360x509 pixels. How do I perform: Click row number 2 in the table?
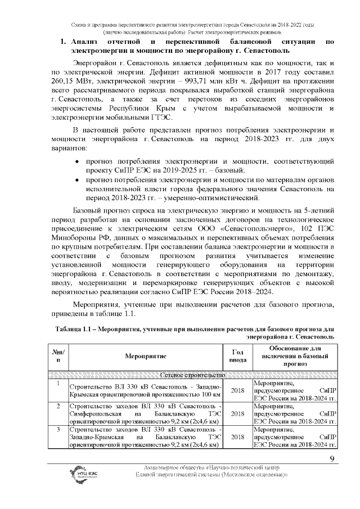(58, 406)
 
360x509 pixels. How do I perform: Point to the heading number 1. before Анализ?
(64, 42)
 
